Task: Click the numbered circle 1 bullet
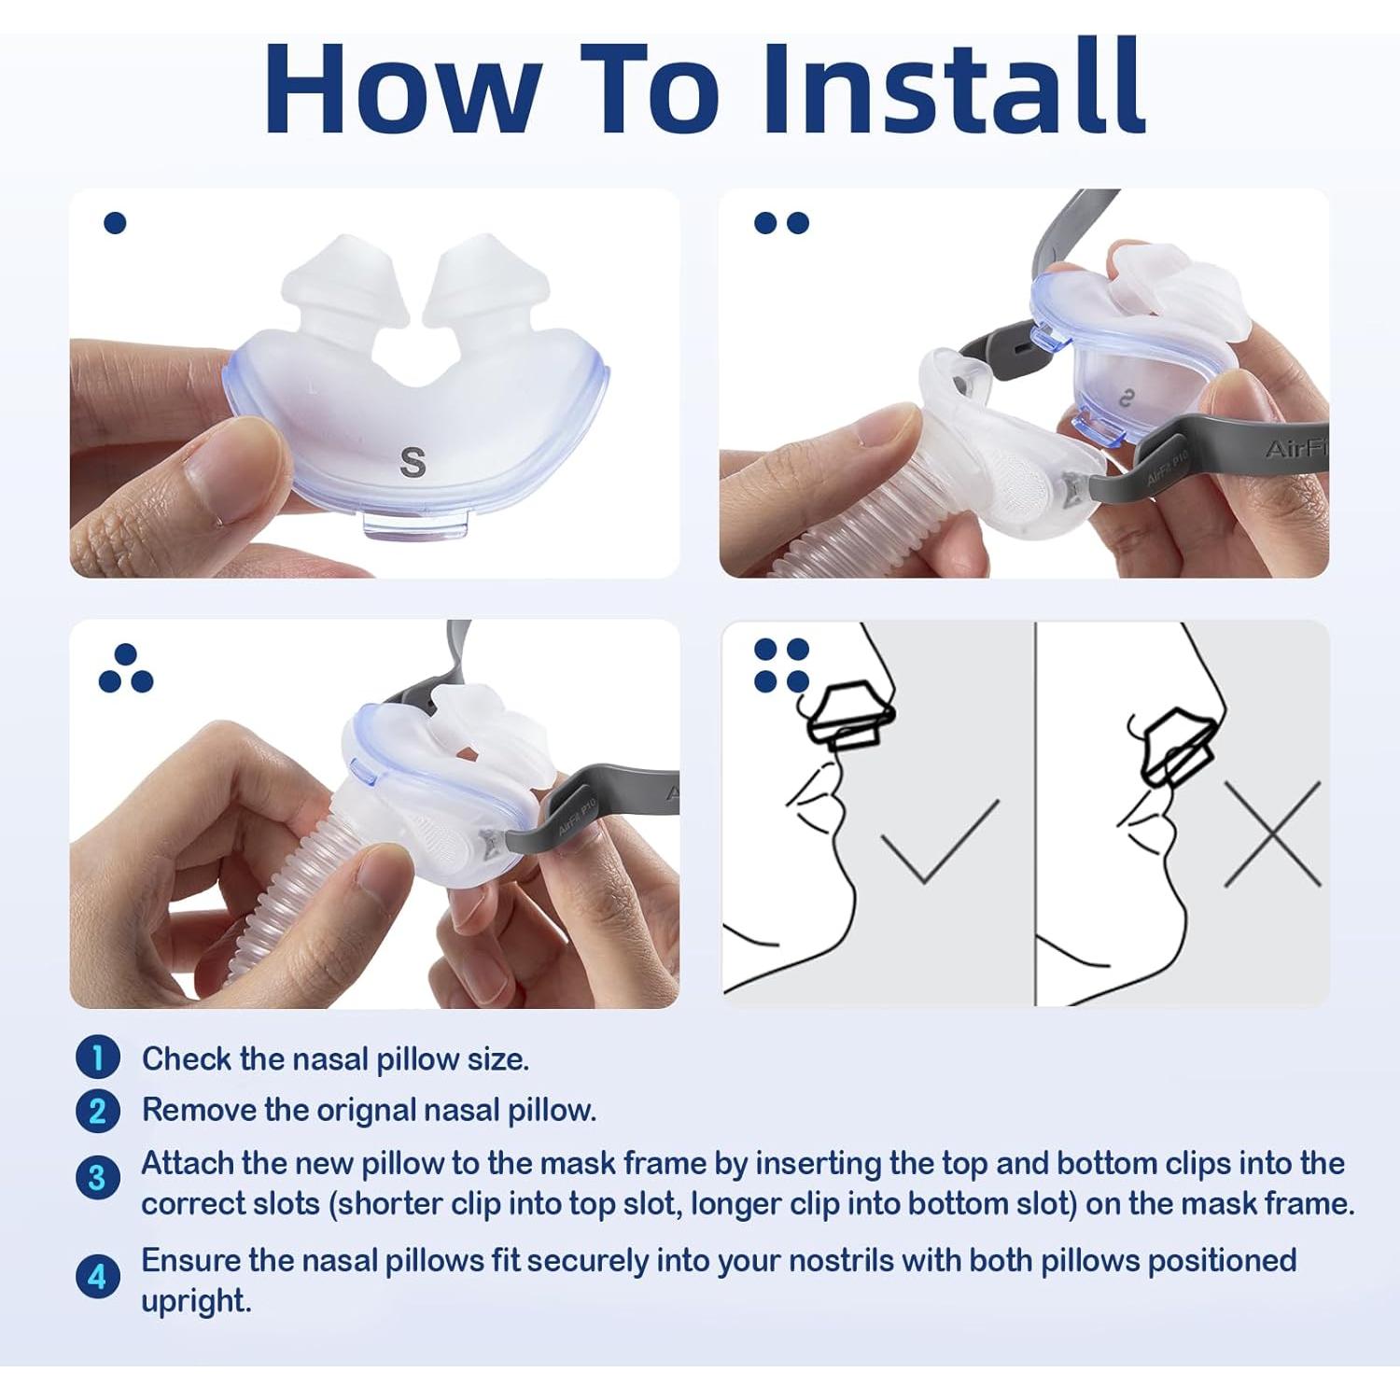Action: pyautogui.click(x=98, y=1058)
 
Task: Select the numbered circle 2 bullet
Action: pyautogui.click(x=98, y=1111)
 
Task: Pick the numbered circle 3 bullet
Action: pyautogui.click(x=98, y=1178)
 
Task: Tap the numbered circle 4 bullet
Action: pyautogui.click(x=98, y=1276)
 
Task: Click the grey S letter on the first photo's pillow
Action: pyautogui.click(x=413, y=462)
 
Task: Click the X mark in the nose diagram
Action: pyautogui.click(x=1272, y=833)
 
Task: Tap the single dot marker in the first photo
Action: pyautogui.click(x=115, y=223)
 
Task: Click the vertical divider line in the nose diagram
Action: pyautogui.click(x=1035, y=813)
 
